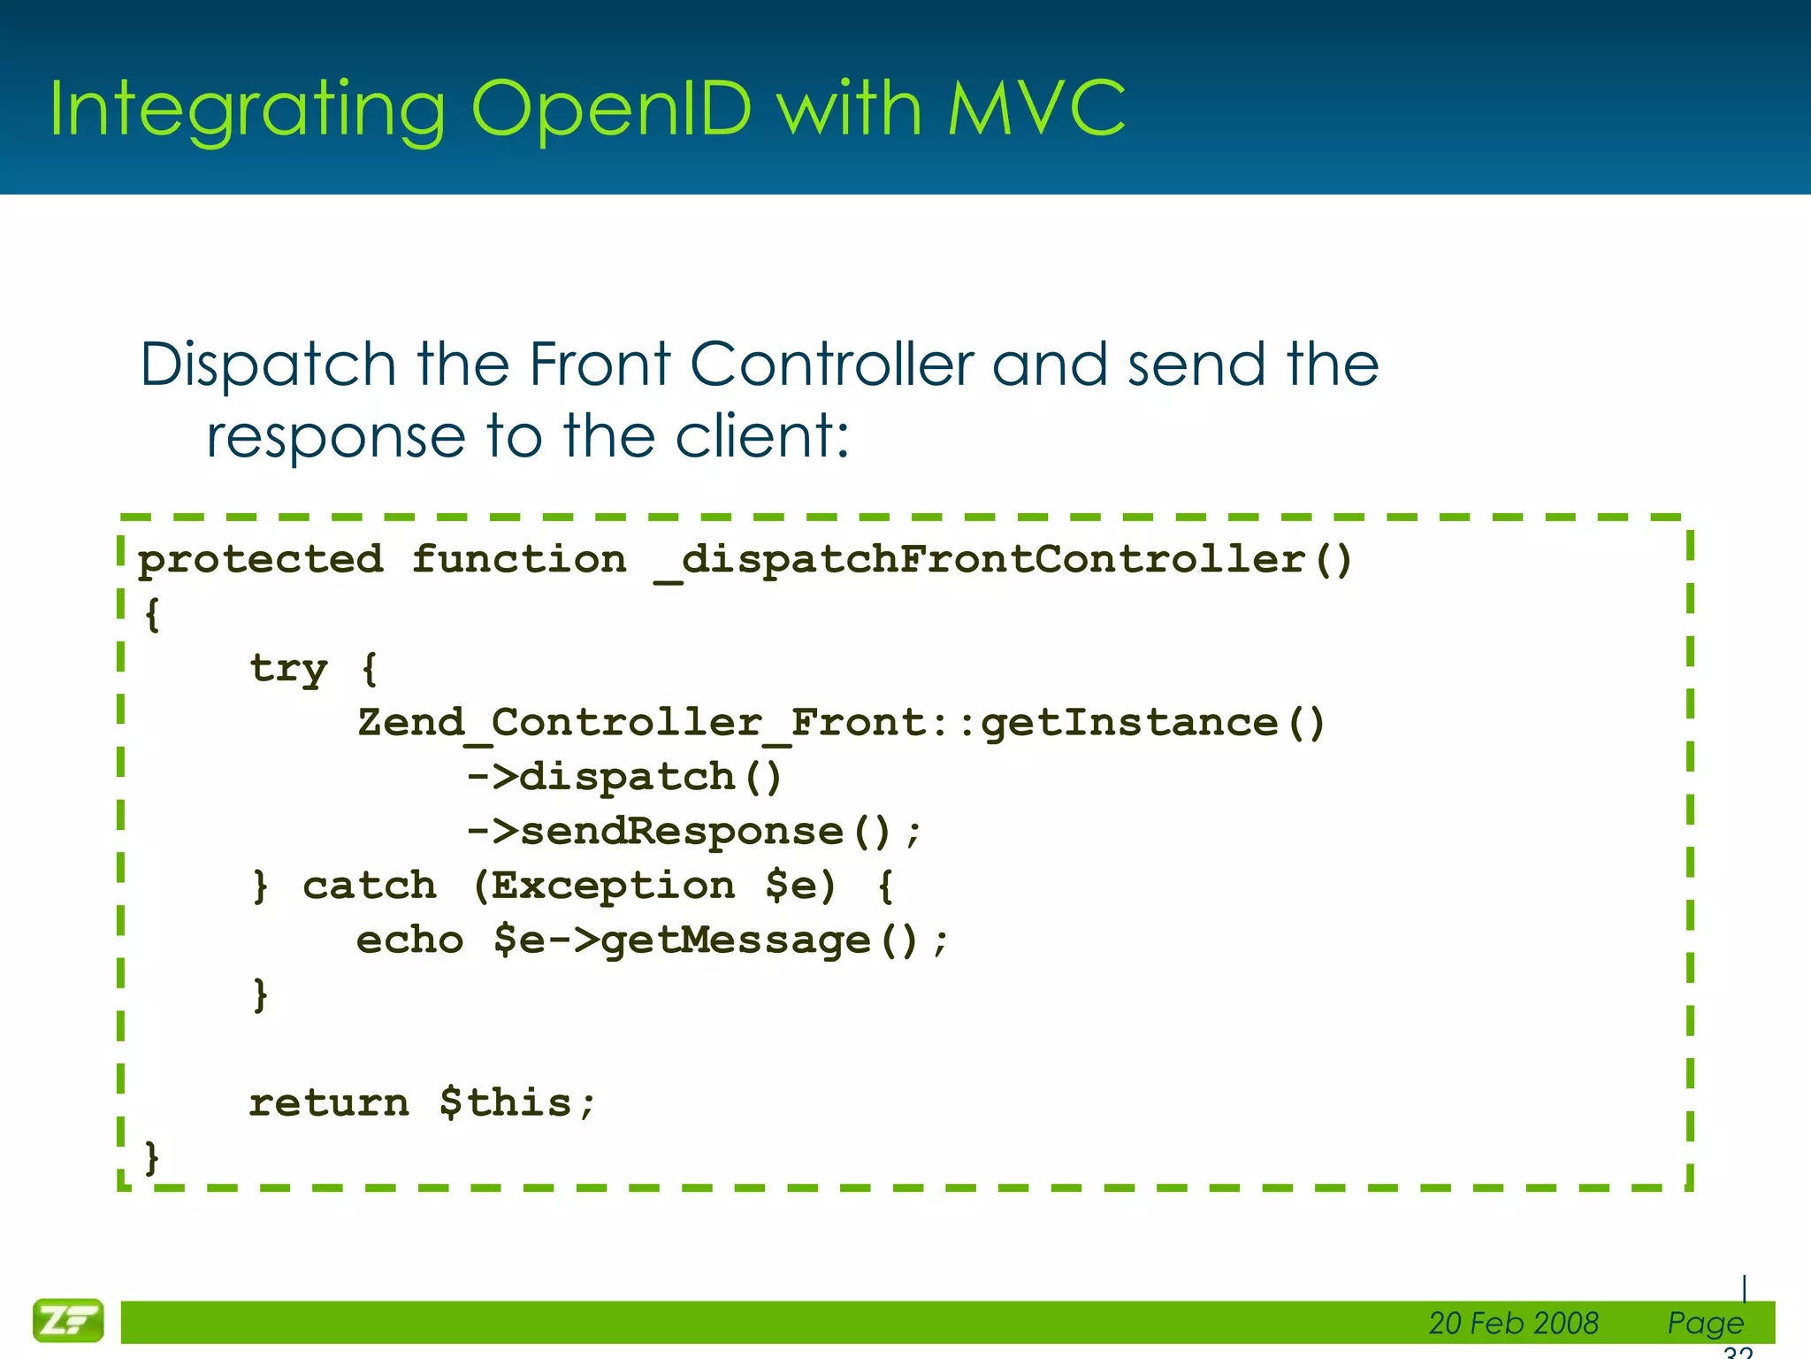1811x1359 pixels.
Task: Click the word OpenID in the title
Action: tap(610, 111)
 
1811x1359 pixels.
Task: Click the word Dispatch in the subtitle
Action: tap(268, 365)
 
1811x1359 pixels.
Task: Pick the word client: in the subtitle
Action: tap(762, 436)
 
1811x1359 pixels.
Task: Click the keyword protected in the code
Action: tap(261, 559)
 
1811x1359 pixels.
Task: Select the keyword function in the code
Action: tap(519, 559)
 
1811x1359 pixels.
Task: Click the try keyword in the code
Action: tap(288, 669)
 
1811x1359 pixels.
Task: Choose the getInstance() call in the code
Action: tap(1153, 723)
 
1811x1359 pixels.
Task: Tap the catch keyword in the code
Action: tap(370, 886)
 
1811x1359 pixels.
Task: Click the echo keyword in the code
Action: tap(409, 941)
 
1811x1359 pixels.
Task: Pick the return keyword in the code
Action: tap(329, 1103)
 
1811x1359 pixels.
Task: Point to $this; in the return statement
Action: tap(518, 1103)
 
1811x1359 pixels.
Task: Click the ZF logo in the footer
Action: tap(68, 1321)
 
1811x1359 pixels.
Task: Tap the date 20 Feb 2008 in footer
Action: tap(1513, 1323)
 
